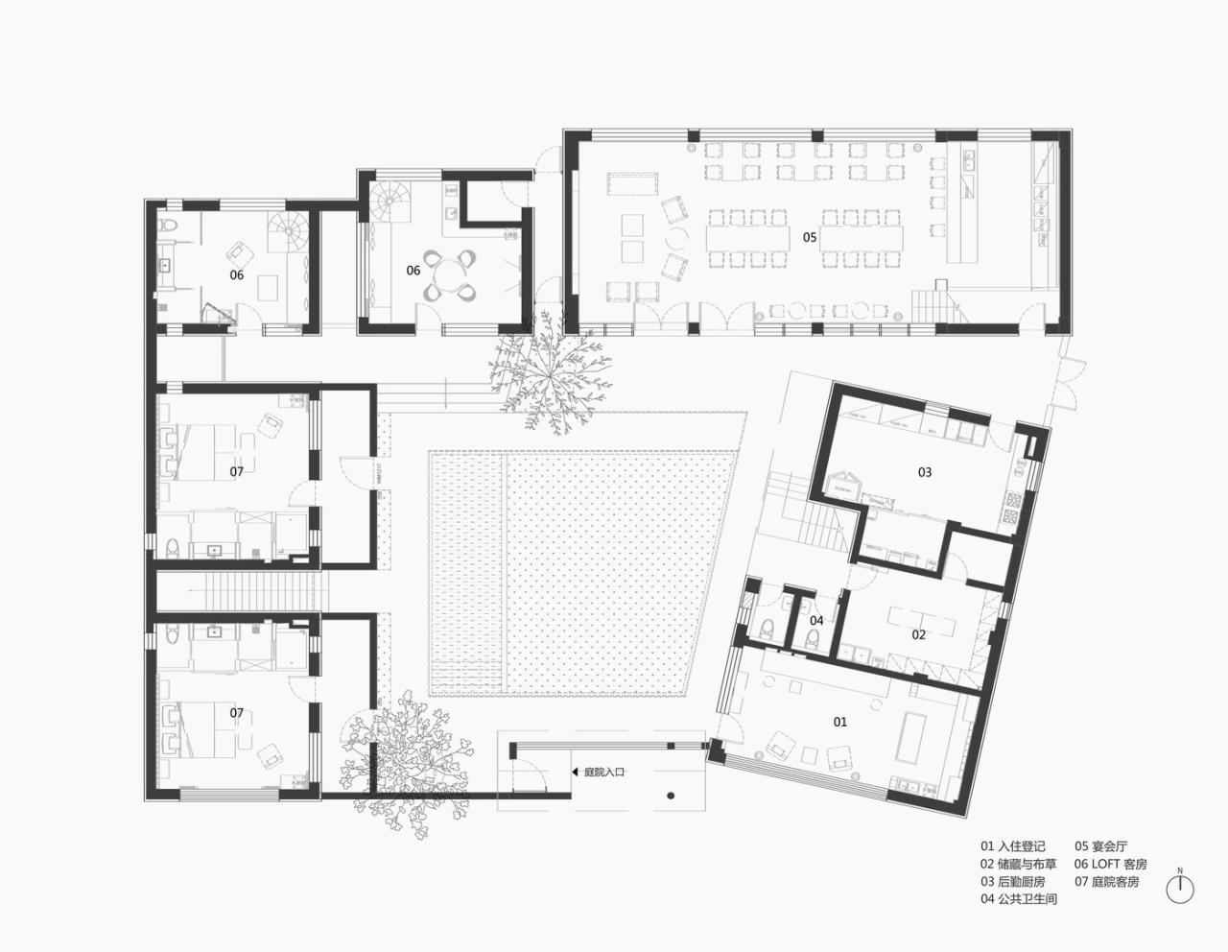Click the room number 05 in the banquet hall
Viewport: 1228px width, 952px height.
tap(810, 237)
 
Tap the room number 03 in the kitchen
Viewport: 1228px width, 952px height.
tap(925, 472)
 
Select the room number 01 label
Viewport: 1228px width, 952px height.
tap(839, 722)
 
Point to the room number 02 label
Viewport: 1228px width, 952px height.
tap(919, 634)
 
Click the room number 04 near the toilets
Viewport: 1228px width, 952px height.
tap(816, 621)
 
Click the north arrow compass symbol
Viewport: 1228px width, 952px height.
tap(1180, 888)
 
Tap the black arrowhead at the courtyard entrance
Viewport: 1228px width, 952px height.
tap(576, 771)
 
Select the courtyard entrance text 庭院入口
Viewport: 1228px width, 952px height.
tap(604, 771)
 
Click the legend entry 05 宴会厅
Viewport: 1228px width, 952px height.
tap(1101, 846)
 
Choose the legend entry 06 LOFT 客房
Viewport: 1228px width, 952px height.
tap(1111, 864)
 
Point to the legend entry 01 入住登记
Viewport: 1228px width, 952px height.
tap(1012, 846)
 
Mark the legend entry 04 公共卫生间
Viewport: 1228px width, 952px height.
tap(1018, 899)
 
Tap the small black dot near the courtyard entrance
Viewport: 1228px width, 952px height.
tap(671, 795)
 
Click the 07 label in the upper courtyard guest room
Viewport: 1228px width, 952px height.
tap(236, 472)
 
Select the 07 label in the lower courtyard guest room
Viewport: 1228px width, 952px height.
tap(236, 713)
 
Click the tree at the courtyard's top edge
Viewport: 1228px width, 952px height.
tap(547, 369)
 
